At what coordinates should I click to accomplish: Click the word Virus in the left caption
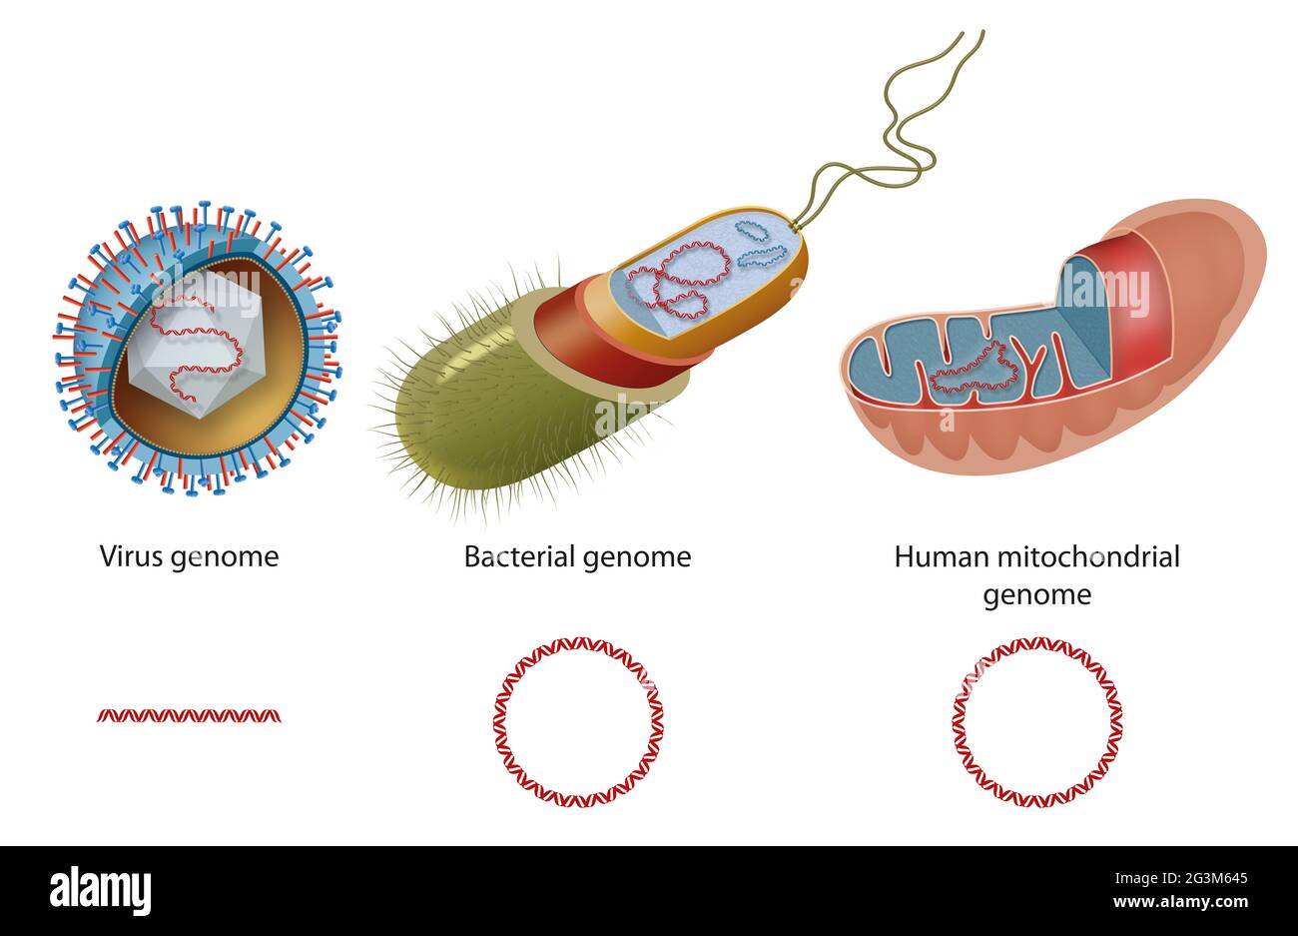coord(131,556)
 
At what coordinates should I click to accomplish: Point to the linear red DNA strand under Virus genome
coord(189,715)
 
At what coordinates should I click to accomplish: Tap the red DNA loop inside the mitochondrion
coord(973,370)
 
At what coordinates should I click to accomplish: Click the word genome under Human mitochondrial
coord(1036,595)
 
